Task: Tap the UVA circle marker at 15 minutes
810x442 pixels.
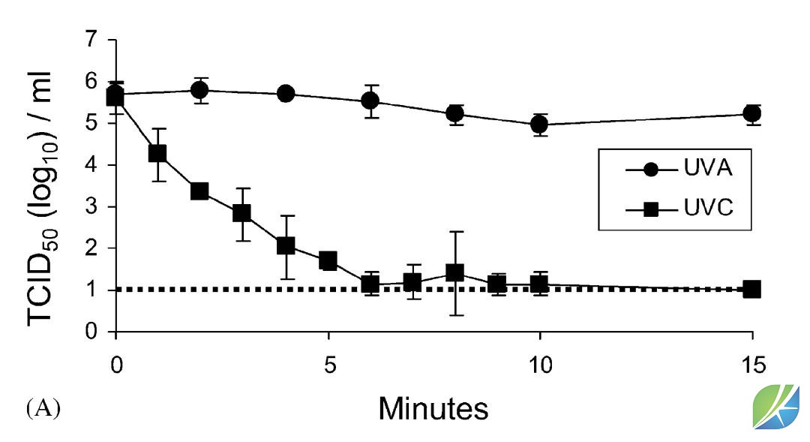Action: [x=751, y=113]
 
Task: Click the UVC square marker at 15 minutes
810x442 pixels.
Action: [x=751, y=289]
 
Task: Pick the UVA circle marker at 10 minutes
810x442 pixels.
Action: [x=539, y=125]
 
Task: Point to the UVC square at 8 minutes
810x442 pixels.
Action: [x=454, y=272]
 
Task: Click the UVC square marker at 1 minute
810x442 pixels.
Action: [x=157, y=154]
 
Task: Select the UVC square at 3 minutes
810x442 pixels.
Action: [x=241, y=213]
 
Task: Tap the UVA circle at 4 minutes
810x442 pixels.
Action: [x=285, y=94]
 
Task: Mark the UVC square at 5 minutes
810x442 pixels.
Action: [x=327, y=261]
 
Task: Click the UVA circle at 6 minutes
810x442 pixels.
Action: [x=370, y=101]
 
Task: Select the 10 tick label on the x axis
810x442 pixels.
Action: [x=539, y=366]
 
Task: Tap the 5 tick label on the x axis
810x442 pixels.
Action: [x=328, y=366]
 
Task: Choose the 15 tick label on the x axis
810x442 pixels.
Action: [x=751, y=366]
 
